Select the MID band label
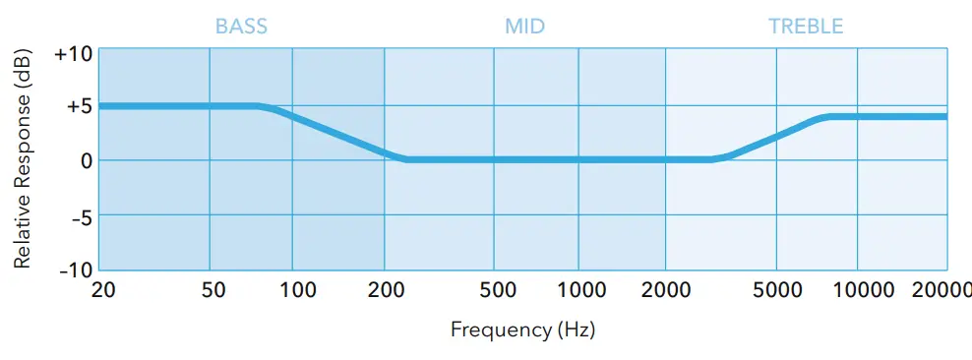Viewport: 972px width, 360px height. coord(525,26)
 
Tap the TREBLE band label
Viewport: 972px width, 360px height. coord(806,26)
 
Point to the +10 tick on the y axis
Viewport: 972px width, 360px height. coord(73,53)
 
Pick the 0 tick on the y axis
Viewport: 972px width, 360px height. coord(86,160)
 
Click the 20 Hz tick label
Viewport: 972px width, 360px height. coord(102,291)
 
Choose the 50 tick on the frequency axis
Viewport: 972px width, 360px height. coord(213,291)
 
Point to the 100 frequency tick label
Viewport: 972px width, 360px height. coord(298,291)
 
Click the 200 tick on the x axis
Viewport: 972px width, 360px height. coord(385,291)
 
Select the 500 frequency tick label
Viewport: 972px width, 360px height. coord(498,291)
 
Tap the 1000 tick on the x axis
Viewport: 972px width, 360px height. coord(580,291)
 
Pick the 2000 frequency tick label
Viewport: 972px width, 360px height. coord(666,291)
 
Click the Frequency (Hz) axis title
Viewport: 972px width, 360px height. coord(523,330)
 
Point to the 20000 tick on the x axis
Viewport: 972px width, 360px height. coord(942,291)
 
